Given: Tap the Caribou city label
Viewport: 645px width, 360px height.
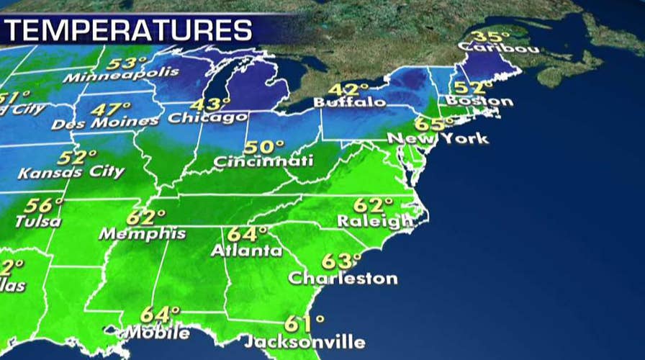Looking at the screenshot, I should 496,49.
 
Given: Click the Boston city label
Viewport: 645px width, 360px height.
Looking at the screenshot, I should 479,101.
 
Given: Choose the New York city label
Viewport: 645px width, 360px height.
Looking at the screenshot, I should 438,138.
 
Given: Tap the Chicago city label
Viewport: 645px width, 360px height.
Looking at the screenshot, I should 208,118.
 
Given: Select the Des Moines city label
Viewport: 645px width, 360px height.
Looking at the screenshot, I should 104,123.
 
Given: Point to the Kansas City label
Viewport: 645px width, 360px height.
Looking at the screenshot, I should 71,173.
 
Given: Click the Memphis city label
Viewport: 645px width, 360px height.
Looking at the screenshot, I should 142,234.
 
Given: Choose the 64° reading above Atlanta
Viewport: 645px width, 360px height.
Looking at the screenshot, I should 247,235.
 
